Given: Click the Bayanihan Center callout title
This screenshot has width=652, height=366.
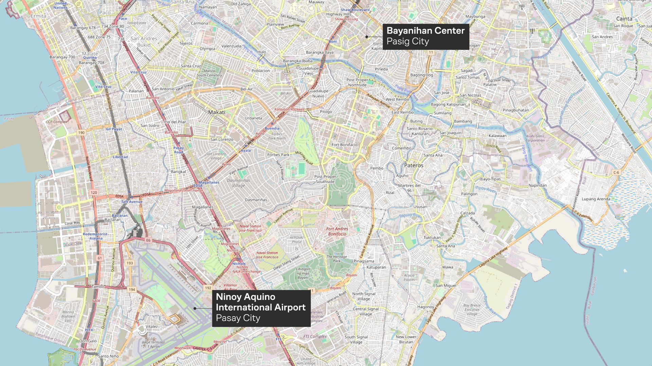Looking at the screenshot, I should [x=425, y=30].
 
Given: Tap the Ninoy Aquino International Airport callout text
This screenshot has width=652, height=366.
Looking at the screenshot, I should [x=260, y=307].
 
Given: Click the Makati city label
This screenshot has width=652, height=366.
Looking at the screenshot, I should [x=217, y=112].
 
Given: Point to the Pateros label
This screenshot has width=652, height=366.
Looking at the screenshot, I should [x=414, y=165].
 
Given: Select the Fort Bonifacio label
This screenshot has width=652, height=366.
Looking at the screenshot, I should [x=344, y=145].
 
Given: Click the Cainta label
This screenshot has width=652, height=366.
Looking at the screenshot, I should [x=624, y=19].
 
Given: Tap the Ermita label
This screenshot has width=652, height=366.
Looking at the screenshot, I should [x=38, y=16].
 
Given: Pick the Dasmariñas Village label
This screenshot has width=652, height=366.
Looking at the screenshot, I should [x=238, y=183].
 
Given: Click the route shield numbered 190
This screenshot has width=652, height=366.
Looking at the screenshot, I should [x=81, y=133].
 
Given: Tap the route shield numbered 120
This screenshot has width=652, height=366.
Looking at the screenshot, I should [x=94, y=192].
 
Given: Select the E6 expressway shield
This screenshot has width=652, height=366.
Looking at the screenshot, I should [x=148, y=240].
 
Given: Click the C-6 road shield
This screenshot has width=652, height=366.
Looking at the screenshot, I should [x=616, y=172].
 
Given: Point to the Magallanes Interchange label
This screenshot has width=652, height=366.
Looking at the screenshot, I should [x=183, y=190].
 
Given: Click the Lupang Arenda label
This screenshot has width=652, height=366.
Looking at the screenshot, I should [x=596, y=199].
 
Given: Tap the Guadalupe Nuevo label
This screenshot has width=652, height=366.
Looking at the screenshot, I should [x=318, y=94].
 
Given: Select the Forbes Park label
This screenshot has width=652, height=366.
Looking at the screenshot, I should [x=278, y=155].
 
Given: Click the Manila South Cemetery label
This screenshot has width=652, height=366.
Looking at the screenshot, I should [x=209, y=73].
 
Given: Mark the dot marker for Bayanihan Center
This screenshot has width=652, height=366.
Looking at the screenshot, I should [x=367, y=37].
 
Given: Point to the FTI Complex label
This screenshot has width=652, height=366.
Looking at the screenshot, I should [x=315, y=337].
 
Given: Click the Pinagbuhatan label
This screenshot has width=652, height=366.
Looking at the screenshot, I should [x=515, y=110].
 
